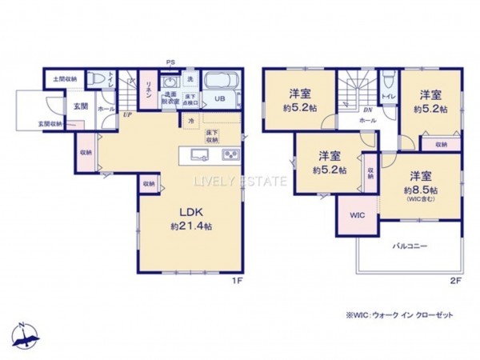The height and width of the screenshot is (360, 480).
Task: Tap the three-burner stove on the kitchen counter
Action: [230, 154]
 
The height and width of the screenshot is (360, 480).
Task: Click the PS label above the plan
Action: [169, 62]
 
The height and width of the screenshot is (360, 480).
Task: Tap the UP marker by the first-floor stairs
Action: [127, 115]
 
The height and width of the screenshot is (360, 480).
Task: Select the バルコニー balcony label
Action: [410, 247]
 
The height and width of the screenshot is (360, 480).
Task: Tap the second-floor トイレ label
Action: [387, 96]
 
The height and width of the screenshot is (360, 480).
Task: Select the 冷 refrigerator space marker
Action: [191, 119]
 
